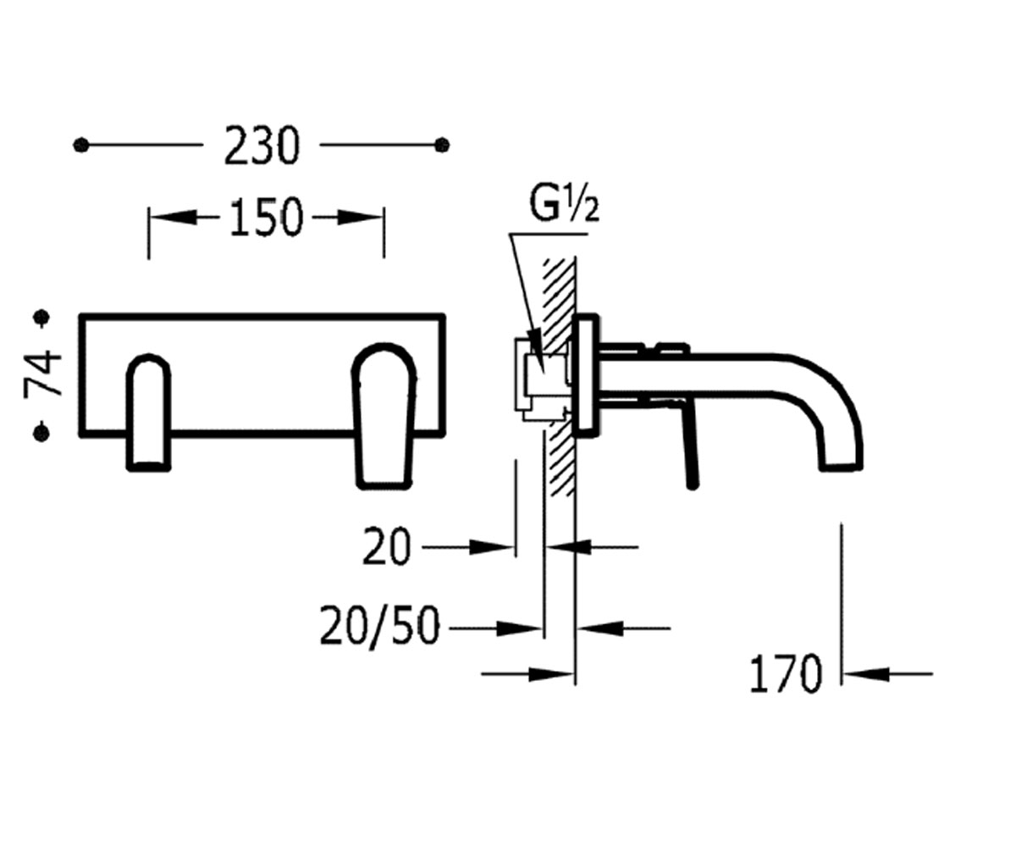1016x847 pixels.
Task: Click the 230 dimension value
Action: (262, 145)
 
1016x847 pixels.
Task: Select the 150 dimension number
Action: (266, 218)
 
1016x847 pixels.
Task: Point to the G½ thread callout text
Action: (564, 204)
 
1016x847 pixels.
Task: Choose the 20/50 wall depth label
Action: (379, 628)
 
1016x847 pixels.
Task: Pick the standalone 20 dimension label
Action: (387, 547)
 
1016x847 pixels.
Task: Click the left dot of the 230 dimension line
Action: (81, 145)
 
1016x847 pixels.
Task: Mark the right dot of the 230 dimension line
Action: (442, 145)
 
